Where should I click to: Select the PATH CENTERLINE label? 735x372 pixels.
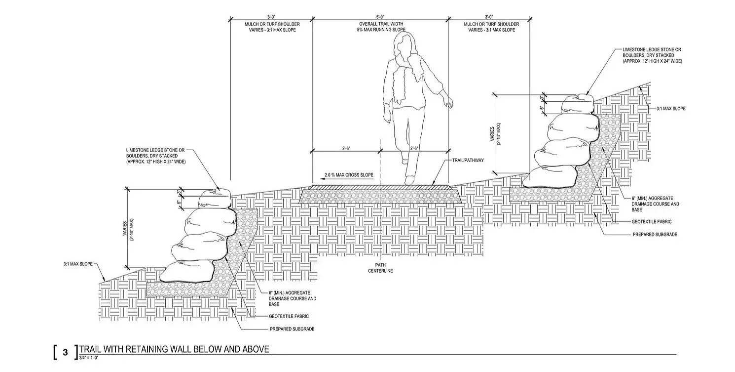click(380, 267)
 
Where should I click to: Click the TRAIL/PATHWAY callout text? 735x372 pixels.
click(468, 160)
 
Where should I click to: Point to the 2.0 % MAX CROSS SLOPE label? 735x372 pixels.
click(349, 175)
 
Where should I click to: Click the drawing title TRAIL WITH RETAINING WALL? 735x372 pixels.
click(174, 349)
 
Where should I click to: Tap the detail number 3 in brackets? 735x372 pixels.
click(65, 353)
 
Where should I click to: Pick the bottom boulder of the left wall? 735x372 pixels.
click(187, 271)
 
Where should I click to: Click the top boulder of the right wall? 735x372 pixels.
click(578, 104)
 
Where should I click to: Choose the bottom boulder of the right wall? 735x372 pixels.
click(549, 177)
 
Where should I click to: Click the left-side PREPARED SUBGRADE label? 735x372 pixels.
click(292, 329)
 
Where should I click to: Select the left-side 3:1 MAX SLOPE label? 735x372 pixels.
click(77, 264)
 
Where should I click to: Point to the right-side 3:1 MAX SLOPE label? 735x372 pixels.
click(670, 108)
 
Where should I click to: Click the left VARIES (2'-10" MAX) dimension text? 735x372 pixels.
click(127, 230)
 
